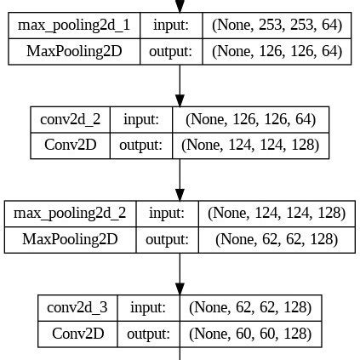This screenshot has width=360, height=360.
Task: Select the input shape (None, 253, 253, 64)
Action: pyautogui.click(x=277, y=25)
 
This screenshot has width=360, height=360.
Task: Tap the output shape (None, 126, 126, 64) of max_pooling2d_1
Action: pyautogui.click(x=277, y=52)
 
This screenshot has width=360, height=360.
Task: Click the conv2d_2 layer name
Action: pyautogui.click(x=71, y=118)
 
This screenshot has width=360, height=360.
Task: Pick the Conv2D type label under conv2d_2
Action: pyautogui.click(x=71, y=146)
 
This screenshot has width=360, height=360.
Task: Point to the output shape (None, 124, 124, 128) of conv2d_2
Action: pyautogui.click(x=250, y=146)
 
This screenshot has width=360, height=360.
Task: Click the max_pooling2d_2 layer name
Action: pyautogui.click(x=70, y=213)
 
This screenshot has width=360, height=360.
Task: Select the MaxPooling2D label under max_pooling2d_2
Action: pyautogui.click(x=70, y=240)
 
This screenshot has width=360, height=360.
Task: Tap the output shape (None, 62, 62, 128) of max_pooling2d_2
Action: pyautogui.click(x=276, y=240)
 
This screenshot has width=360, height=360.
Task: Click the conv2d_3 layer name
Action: pyautogui.click(x=77, y=306)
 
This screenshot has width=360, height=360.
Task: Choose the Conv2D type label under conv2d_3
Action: pyautogui.click(x=77, y=334)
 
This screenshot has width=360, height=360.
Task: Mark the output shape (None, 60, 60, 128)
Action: pyautogui.click(x=250, y=334)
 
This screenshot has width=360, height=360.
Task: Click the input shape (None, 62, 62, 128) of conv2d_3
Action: pyautogui.click(x=250, y=306)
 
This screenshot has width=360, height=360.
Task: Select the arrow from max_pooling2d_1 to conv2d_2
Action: pyautogui.click(x=180, y=85)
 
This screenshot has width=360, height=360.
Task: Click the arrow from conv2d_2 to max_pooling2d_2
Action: pyautogui.click(x=180, y=179)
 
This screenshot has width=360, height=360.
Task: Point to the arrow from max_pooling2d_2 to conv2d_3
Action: pyautogui.click(x=180, y=273)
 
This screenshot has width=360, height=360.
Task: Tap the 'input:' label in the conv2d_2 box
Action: pyautogui.click(x=140, y=118)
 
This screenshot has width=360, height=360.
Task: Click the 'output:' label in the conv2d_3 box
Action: pyautogui.click(x=149, y=334)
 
